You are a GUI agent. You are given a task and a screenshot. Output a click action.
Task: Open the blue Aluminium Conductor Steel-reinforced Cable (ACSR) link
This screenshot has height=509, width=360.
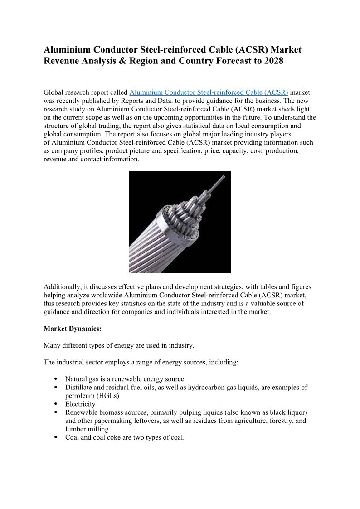click(x=209, y=92)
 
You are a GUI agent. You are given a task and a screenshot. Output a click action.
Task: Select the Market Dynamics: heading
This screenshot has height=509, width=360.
click(x=73, y=329)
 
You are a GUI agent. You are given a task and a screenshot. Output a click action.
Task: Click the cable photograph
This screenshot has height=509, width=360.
click(x=180, y=222)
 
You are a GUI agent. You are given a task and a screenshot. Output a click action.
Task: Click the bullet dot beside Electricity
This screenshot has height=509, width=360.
click(x=55, y=404)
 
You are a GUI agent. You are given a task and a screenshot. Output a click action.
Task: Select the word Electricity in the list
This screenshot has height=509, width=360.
click(x=80, y=404)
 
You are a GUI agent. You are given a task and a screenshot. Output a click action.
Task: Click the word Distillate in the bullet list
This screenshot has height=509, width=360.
click(x=79, y=388)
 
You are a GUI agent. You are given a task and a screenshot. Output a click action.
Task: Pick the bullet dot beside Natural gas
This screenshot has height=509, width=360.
click(x=55, y=379)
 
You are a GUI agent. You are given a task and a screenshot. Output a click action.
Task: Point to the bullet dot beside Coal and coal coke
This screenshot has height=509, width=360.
click(x=55, y=437)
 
